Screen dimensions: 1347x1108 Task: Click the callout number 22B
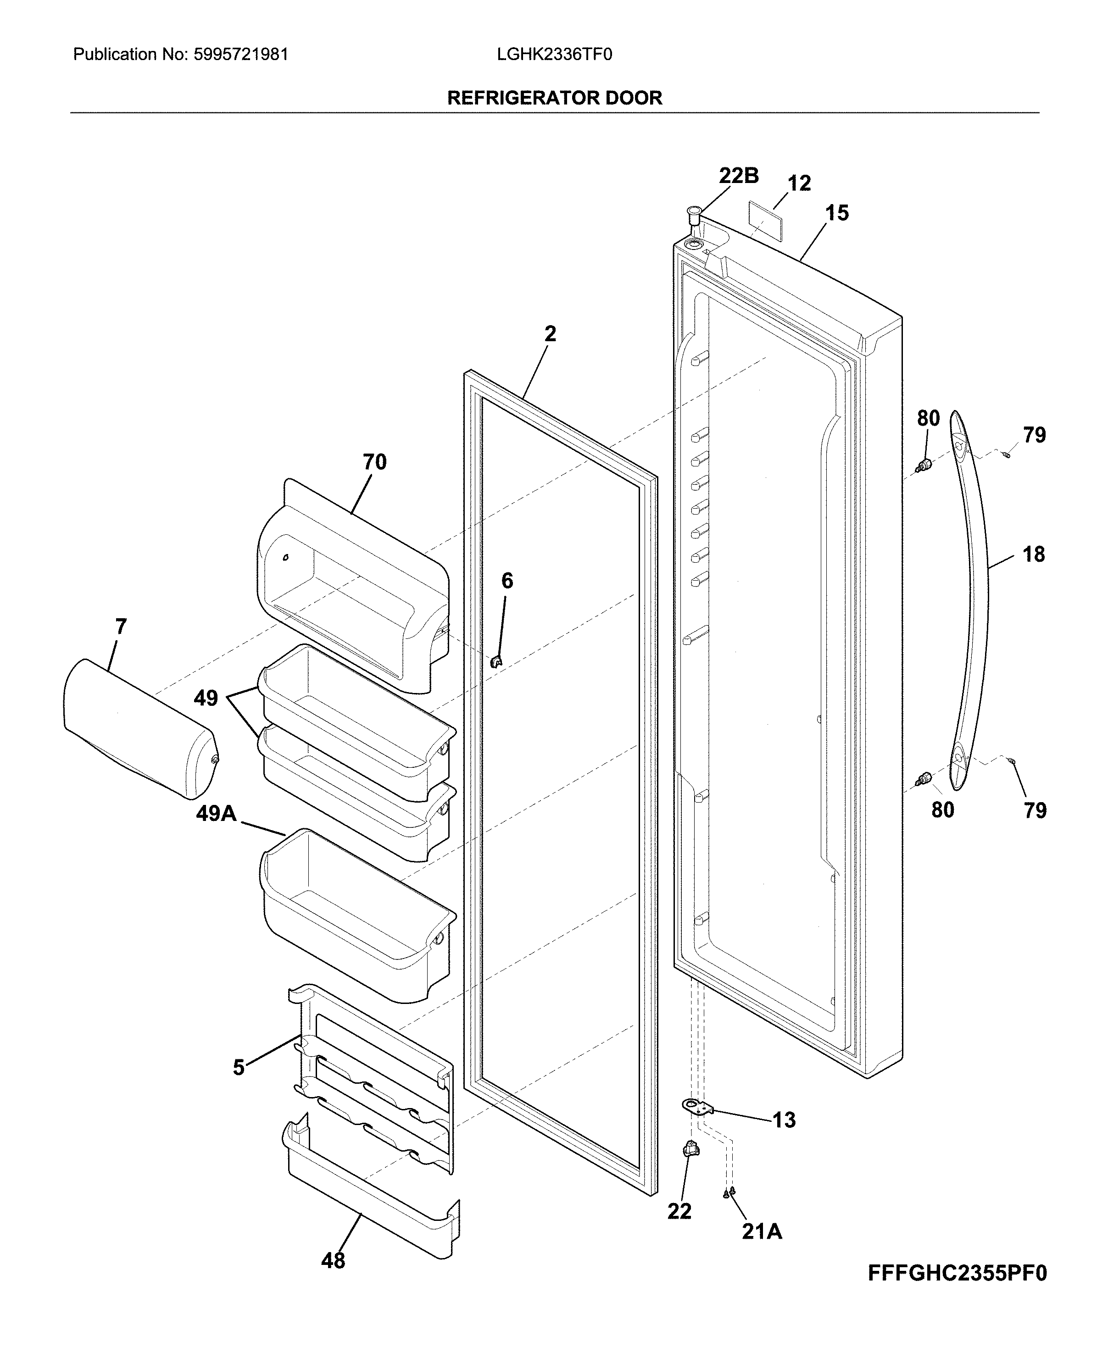tap(739, 176)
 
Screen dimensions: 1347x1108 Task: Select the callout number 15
tap(837, 213)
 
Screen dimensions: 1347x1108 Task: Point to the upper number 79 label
tap(1034, 435)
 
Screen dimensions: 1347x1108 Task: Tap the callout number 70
tap(375, 462)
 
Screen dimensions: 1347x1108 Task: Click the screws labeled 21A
tap(729, 1192)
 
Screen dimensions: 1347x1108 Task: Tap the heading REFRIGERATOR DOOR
tap(554, 98)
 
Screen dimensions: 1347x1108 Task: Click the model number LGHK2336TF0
tap(554, 55)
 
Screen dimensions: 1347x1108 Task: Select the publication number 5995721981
tap(240, 55)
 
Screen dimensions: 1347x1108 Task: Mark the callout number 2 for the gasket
tap(550, 334)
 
